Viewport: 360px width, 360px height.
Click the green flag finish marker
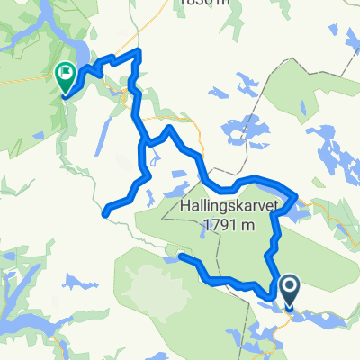(66, 75)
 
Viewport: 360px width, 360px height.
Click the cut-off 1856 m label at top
(202, 4)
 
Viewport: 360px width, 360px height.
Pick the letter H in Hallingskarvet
(158, 206)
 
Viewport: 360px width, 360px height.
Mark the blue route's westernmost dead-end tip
(105, 213)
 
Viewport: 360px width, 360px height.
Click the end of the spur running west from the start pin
(181, 257)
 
